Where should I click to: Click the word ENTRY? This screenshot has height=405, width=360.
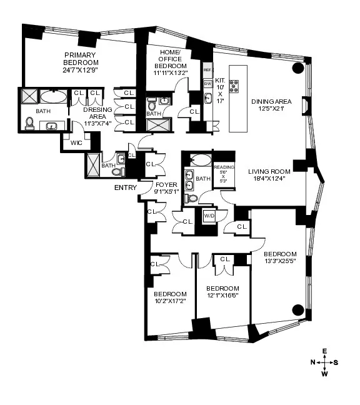[x=126, y=187]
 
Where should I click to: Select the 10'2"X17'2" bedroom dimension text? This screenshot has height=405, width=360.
[x=170, y=301]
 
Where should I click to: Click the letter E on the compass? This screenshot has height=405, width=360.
[x=324, y=351]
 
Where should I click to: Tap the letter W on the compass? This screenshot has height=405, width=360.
[x=324, y=374]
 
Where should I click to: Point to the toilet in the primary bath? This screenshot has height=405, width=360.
[x=29, y=122]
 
